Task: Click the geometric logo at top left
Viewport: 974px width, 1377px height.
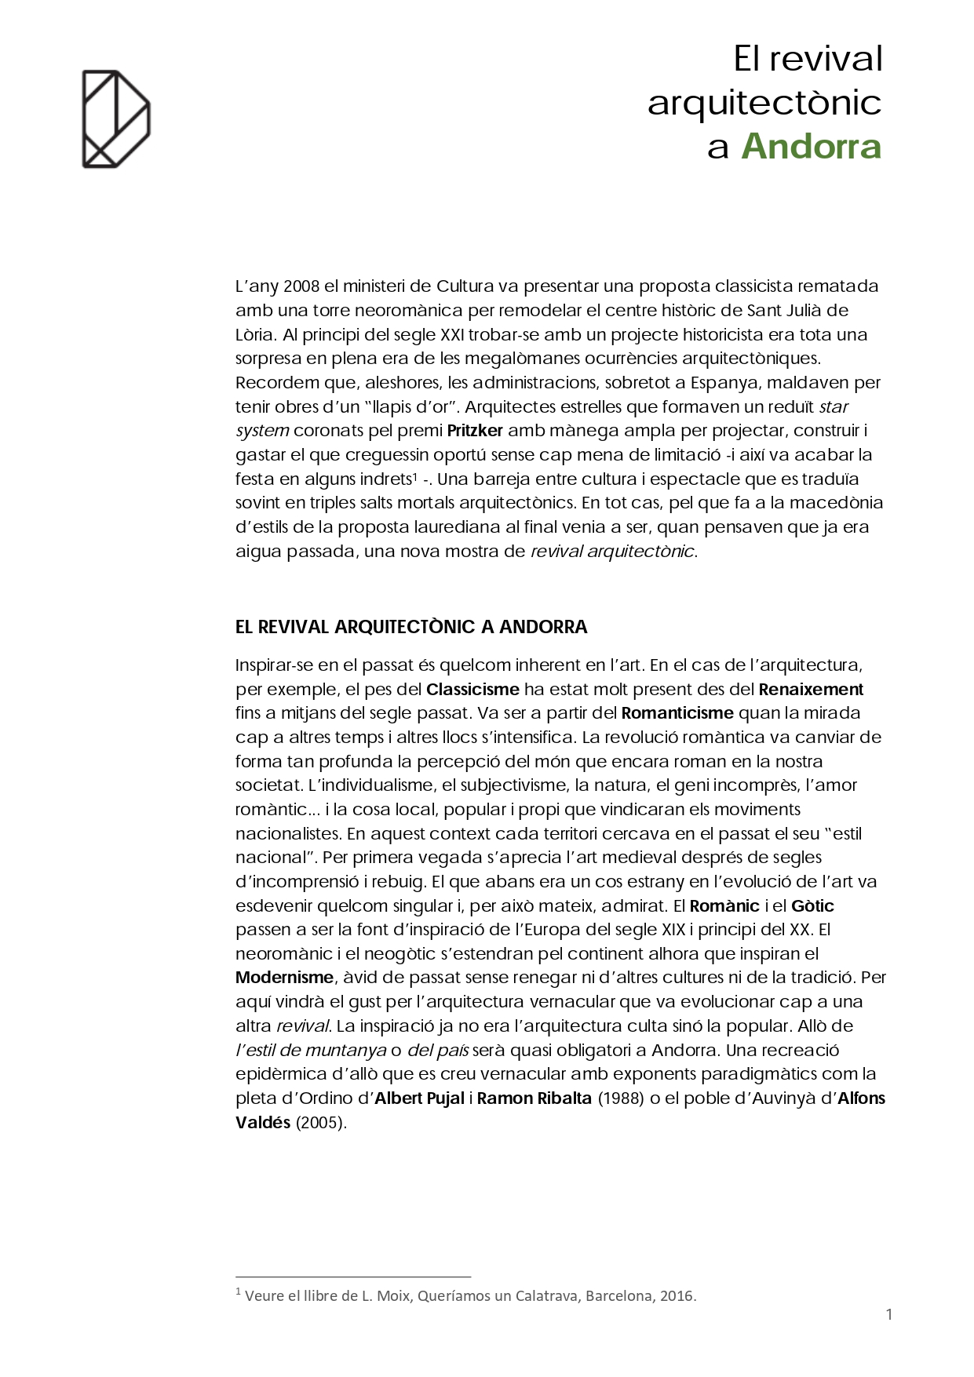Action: pyautogui.click(x=116, y=119)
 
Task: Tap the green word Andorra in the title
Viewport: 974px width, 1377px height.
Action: pyautogui.click(x=812, y=147)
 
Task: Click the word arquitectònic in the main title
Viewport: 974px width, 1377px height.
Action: pyautogui.click(x=764, y=103)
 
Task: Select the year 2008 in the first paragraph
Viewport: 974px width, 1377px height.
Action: pyautogui.click(x=301, y=286)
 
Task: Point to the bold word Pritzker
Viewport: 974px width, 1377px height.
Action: pyautogui.click(x=475, y=431)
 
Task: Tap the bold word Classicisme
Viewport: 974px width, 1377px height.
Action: pyautogui.click(x=472, y=690)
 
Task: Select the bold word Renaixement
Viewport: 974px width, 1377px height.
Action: pyautogui.click(x=811, y=690)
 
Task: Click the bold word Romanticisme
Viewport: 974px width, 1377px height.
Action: pyautogui.click(x=677, y=713)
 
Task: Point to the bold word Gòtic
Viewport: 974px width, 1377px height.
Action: pyautogui.click(x=812, y=906)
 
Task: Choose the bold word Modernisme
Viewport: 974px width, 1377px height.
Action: pyautogui.click(x=284, y=978)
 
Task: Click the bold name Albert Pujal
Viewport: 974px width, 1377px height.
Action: pyautogui.click(x=419, y=1098)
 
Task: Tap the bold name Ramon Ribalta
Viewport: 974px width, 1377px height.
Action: pyautogui.click(x=534, y=1098)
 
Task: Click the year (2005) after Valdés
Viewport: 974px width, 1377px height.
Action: pyautogui.click(x=321, y=1123)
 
